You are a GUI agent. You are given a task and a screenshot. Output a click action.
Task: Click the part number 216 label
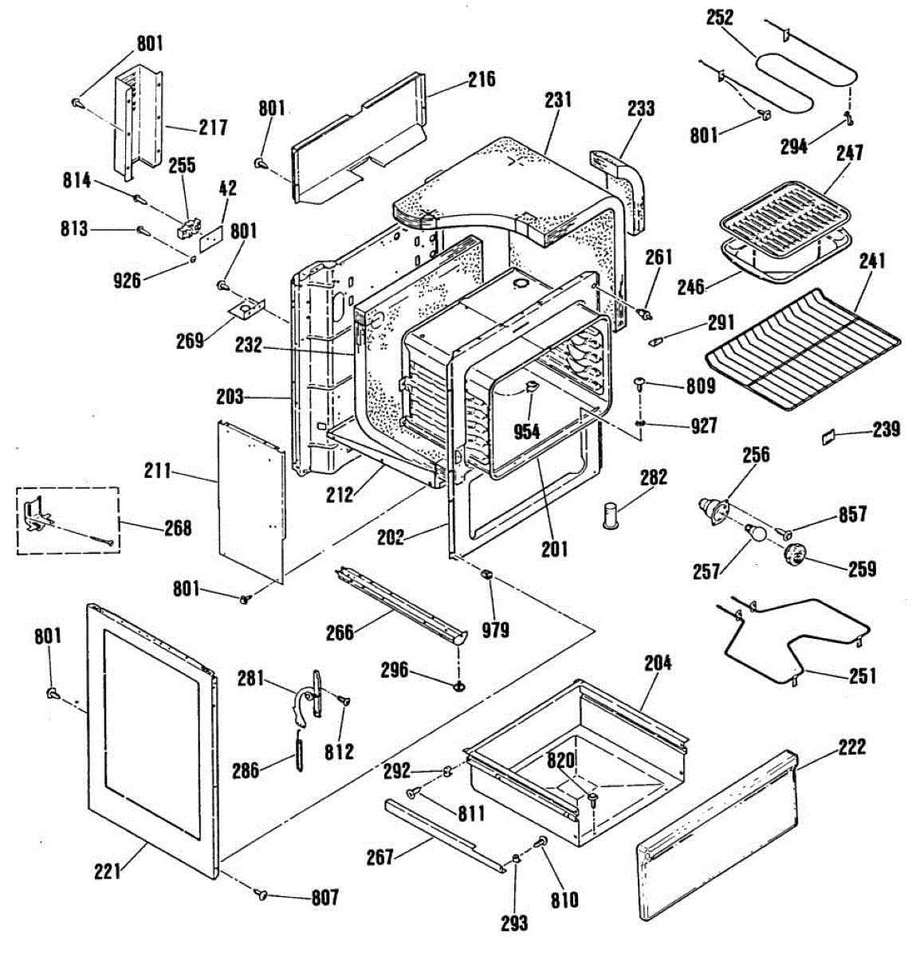(x=482, y=80)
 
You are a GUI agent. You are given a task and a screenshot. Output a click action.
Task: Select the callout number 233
(x=641, y=108)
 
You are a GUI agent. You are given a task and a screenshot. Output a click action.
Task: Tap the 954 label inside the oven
(x=527, y=432)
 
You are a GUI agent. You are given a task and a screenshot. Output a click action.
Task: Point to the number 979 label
(x=495, y=630)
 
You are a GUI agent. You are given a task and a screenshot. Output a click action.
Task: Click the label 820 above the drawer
(x=560, y=761)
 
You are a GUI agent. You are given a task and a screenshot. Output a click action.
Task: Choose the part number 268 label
(x=178, y=528)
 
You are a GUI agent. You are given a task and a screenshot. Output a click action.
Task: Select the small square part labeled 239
(x=828, y=436)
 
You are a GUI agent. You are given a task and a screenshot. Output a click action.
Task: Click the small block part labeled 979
(x=487, y=574)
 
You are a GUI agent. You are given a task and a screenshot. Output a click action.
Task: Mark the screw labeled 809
(x=639, y=384)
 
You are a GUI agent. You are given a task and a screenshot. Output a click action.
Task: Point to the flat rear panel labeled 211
(x=251, y=501)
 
